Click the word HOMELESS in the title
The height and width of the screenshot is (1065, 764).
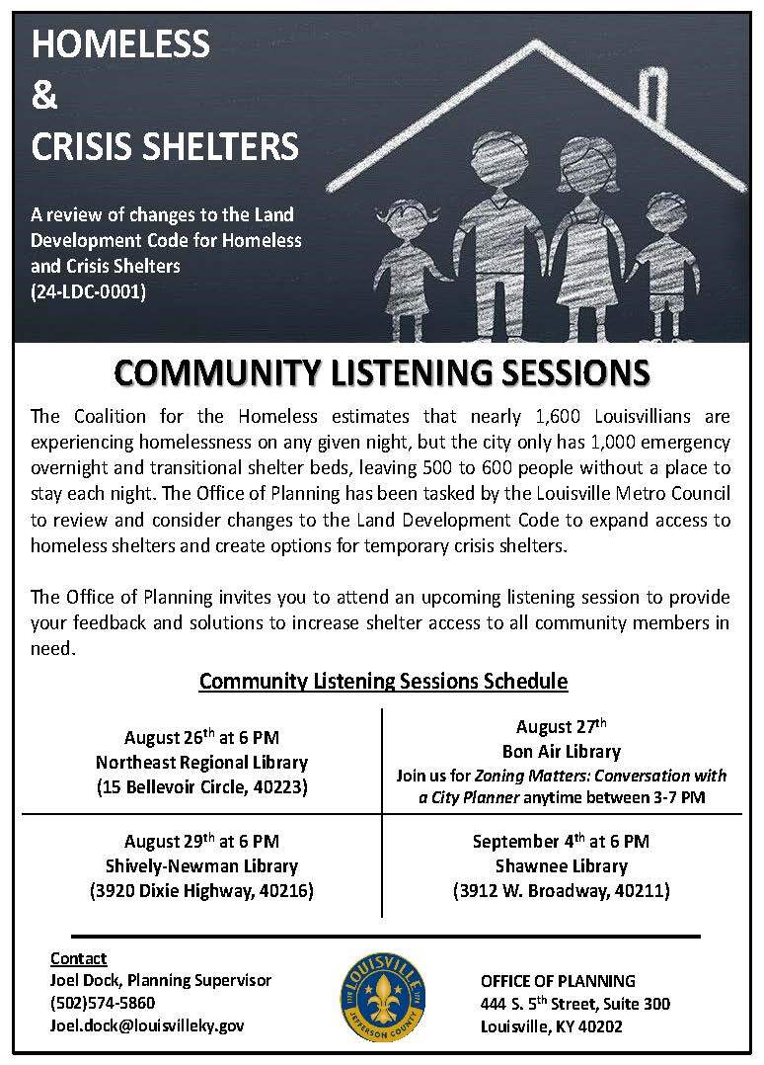coord(121,44)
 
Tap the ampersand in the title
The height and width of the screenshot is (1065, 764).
coord(45,96)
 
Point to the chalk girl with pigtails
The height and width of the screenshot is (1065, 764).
coord(405,257)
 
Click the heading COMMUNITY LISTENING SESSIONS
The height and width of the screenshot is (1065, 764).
coord(382,374)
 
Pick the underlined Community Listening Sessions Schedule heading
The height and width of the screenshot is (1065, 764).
coord(383,681)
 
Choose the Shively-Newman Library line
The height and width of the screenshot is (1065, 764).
coord(201,866)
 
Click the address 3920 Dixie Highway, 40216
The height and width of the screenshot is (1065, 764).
coord(201,891)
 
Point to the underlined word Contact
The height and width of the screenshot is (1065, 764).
coord(78,958)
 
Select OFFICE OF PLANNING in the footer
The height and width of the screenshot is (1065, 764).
coord(558,981)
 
